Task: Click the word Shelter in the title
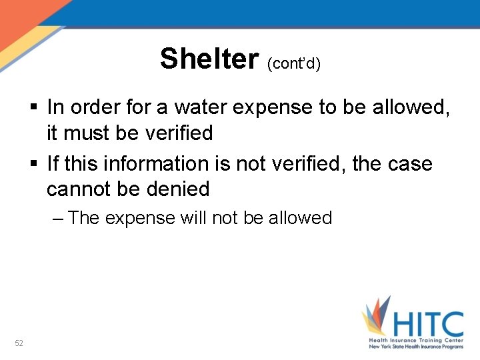coord(209,59)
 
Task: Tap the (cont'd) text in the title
coord(294,64)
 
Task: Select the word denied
coord(178,189)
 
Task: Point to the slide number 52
coord(19,343)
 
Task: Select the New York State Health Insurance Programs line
coord(417,347)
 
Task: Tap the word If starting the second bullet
coord(53,163)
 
